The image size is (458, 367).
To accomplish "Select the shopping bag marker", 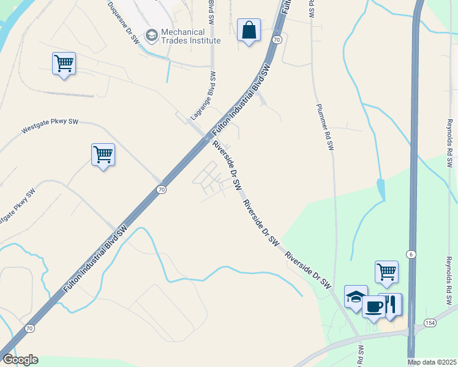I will (249, 31).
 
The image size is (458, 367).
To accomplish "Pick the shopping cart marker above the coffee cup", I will (386, 272).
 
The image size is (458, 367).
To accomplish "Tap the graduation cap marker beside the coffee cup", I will (356, 297).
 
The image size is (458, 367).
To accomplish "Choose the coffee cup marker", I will (374, 305).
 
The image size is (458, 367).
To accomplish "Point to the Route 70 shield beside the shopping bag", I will (277, 39).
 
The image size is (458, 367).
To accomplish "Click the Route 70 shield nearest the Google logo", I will (29, 328).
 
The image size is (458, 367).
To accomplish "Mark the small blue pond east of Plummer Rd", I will (381, 189).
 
